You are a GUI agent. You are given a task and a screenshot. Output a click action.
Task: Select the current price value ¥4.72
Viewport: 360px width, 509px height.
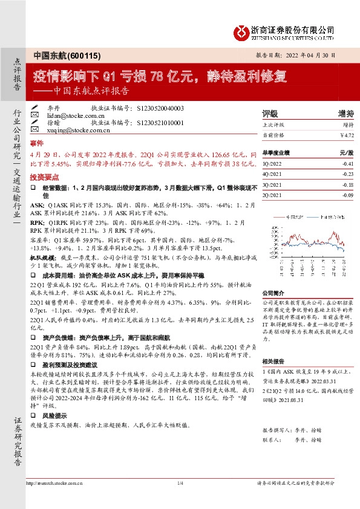(x=347, y=135)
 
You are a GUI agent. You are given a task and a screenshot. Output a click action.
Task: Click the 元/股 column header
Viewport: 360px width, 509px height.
(x=346, y=153)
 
